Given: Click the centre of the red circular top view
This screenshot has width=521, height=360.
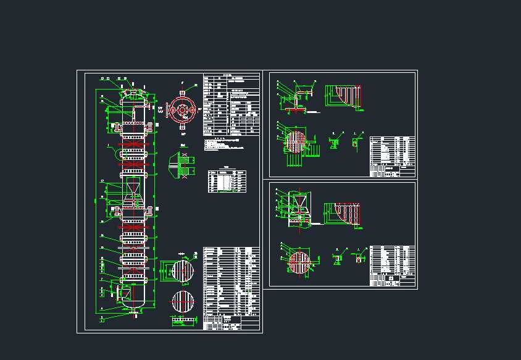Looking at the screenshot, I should click(x=182, y=110).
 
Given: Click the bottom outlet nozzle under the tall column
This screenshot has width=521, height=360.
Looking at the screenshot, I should click(x=134, y=312).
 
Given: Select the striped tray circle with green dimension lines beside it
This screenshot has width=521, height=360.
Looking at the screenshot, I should click(x=183, y=271).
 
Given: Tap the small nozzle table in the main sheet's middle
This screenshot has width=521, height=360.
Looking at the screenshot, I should click(x=227, y=180).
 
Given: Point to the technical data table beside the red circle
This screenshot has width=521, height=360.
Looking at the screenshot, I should click(x=231, y=105).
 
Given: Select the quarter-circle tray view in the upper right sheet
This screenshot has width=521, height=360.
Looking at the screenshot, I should click(x=346, y=96).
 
